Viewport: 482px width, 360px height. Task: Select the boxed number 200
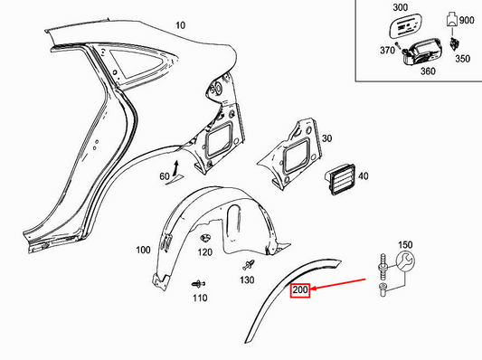coord(299,291)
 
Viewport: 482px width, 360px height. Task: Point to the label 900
coord(467,19)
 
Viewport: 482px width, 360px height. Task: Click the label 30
coord(326,138)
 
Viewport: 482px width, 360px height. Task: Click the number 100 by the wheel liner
coord(143,250)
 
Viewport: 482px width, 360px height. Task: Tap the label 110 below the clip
coord(199,297)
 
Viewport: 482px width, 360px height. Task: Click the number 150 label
coord(405,244)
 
